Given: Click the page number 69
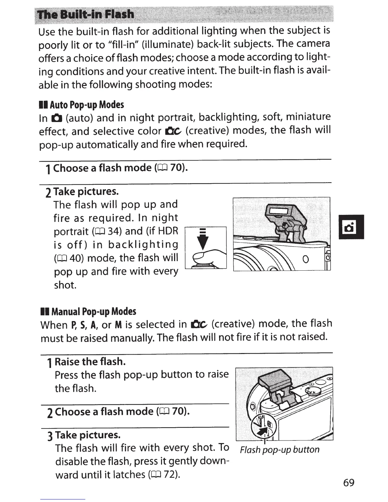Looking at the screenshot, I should [x=348, y=483].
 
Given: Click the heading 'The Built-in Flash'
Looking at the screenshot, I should [x=86, y=15].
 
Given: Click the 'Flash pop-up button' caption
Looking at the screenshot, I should [x=280, y=450].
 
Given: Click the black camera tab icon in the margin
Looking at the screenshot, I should [x=351, y=227].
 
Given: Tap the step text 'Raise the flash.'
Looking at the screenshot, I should [x=90, y=362].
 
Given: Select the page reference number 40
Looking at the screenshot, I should [x=76, y=258].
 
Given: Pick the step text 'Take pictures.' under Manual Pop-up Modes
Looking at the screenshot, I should [x=88, y=435].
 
